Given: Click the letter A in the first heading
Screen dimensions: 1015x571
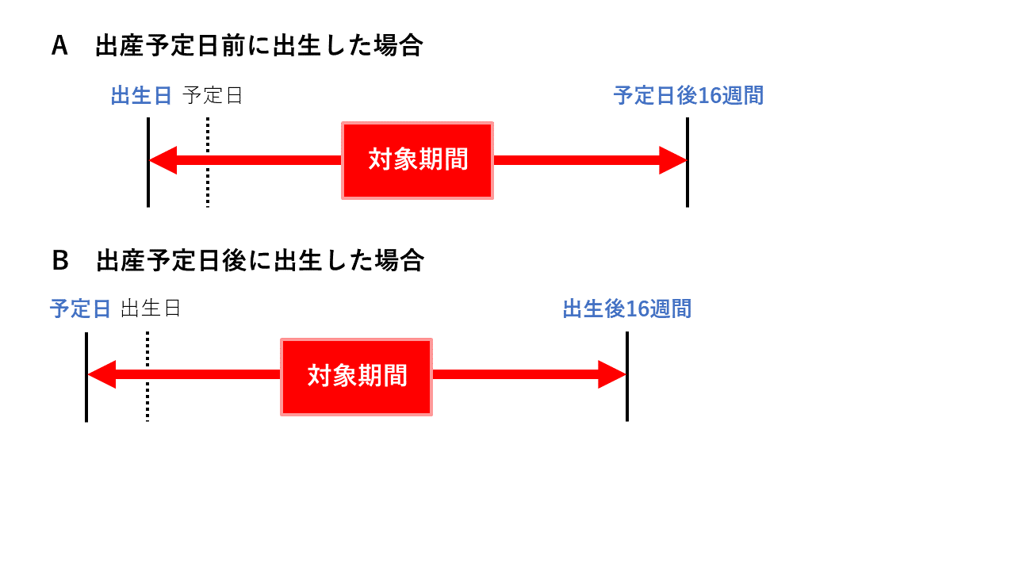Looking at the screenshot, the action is pyautogui.click(x=59, y=46).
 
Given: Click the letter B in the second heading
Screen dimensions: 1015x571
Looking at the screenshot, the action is pyautogui.click(x=60, y=261).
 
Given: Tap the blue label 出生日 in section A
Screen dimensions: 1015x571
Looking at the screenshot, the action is pyautogui.click(x=141, y=96).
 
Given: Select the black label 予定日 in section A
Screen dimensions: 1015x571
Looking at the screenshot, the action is pyautogui.click(x=212, y=96).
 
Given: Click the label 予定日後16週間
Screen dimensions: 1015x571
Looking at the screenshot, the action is pyautogui.click(x=689, y=96).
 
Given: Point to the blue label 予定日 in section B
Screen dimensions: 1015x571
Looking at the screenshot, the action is pyautogui.click(x=80, y=309).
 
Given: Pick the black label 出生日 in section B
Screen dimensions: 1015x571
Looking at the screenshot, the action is pyautogui.click(x=151, y=308).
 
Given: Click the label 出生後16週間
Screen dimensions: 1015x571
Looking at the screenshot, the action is pyautogui.click(x=627, y=309).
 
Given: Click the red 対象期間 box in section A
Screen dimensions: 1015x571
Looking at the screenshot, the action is pyautogui.click(x=417, y=160).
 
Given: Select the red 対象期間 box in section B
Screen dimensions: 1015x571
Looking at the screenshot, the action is pyautogui.click(x=357, y=377).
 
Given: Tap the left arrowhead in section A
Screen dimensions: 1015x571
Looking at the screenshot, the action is pyautogui.click(x=163, y=160).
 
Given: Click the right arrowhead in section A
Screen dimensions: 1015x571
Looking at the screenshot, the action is pyautogui.click(x=673, y=160).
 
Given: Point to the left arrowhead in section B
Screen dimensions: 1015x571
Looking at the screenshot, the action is pyautogui.click(x=102, y=374).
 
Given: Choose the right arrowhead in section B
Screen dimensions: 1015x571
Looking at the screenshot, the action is pyautogui.click(x=611, y=374).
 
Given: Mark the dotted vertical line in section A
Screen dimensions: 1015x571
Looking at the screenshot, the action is pyautogui.click(x=208, y=163).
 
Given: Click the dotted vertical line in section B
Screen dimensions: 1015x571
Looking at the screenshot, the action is pyautogui.click(x=147, y=377).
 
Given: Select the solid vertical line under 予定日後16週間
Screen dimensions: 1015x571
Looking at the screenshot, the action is pyautogui.click(x=688, y=163).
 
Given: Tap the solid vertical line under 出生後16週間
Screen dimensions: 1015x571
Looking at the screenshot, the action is pyautogui.click(x=627, y=377).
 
